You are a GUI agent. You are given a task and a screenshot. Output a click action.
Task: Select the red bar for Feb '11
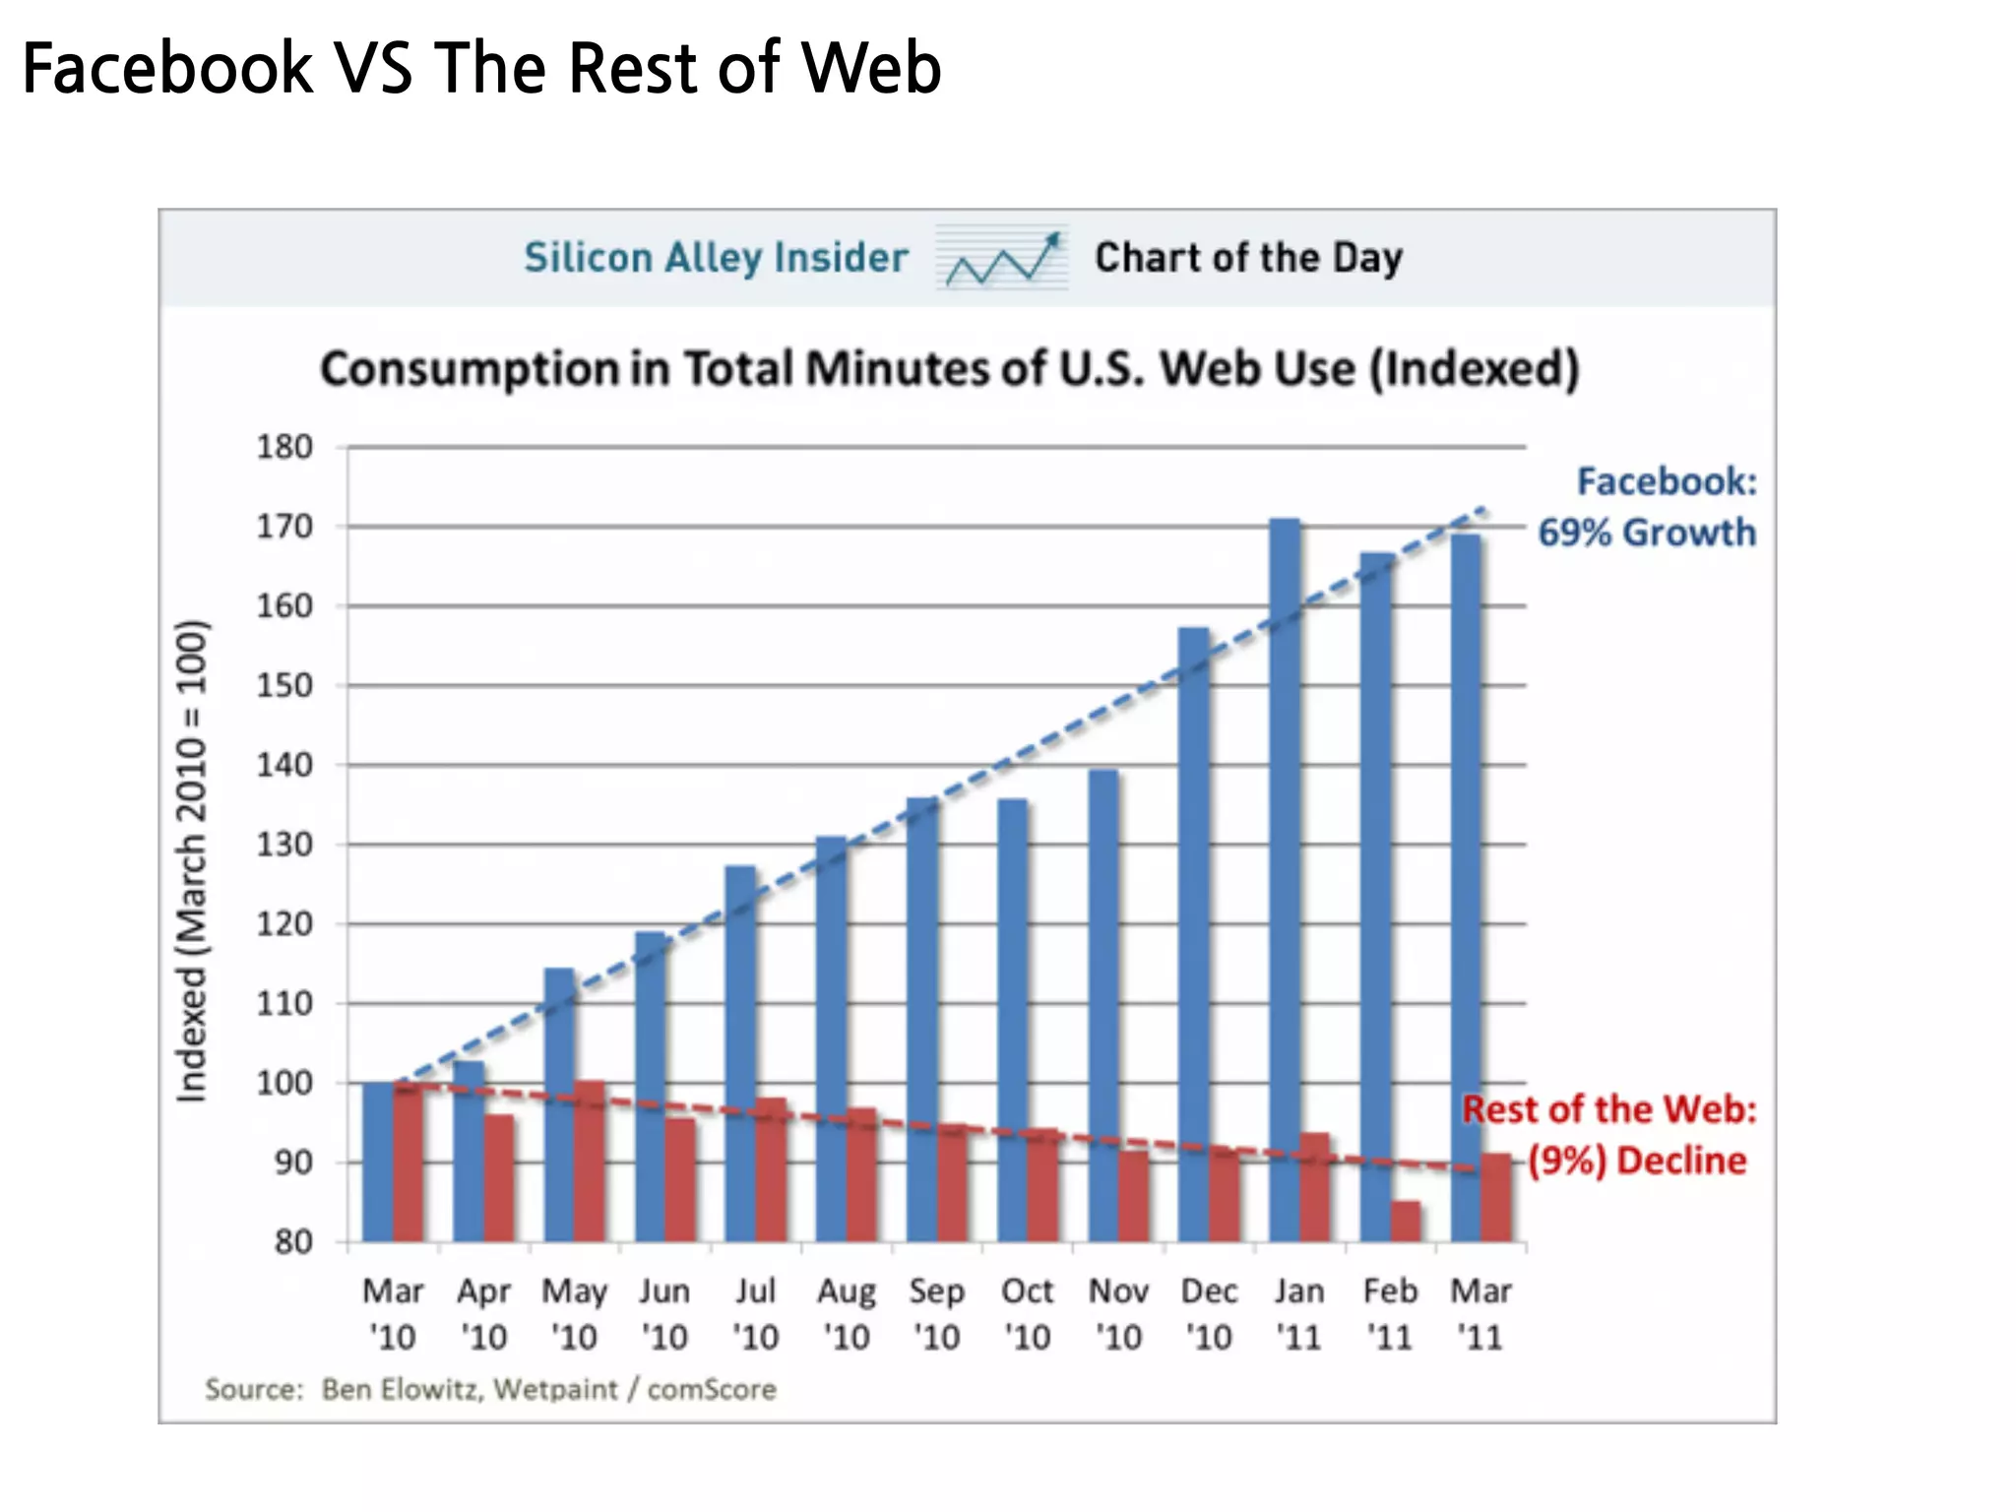pos(1406,1221)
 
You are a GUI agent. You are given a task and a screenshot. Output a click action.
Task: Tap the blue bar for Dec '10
pos(1193,935)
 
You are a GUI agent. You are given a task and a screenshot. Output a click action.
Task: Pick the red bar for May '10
pos(590,1162)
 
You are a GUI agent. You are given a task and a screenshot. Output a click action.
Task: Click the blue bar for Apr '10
pos(469,1152)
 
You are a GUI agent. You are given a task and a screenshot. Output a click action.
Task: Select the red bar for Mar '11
pos(1496,1197)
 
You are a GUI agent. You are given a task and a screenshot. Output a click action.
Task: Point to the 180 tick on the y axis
pos(284,447)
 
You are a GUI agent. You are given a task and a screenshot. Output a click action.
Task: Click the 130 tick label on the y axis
pos(284,845)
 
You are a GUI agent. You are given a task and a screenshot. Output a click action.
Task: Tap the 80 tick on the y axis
pos(292,1241)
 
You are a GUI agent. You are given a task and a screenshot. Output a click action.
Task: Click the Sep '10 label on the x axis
pos(936,1313)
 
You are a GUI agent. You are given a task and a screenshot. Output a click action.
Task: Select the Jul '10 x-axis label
pos(755,1313)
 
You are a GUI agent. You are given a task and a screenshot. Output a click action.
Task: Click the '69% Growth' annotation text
pos(1646,533)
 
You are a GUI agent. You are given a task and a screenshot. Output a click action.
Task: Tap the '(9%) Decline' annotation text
pos(1637,1161)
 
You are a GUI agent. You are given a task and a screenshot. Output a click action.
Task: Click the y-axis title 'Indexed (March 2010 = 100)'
pos(192,861)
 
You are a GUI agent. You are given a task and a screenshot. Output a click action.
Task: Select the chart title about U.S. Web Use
pos(950,369)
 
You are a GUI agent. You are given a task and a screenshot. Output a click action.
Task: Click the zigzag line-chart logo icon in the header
pos(1002,258)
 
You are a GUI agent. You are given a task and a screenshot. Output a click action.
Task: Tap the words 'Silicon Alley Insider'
pos(716,258)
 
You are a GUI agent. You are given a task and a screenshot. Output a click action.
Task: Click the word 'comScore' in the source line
pos(712,1389)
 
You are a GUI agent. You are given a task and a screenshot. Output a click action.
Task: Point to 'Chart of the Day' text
pos(1248,258)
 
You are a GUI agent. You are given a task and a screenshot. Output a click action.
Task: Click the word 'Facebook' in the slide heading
pos(167,69)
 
